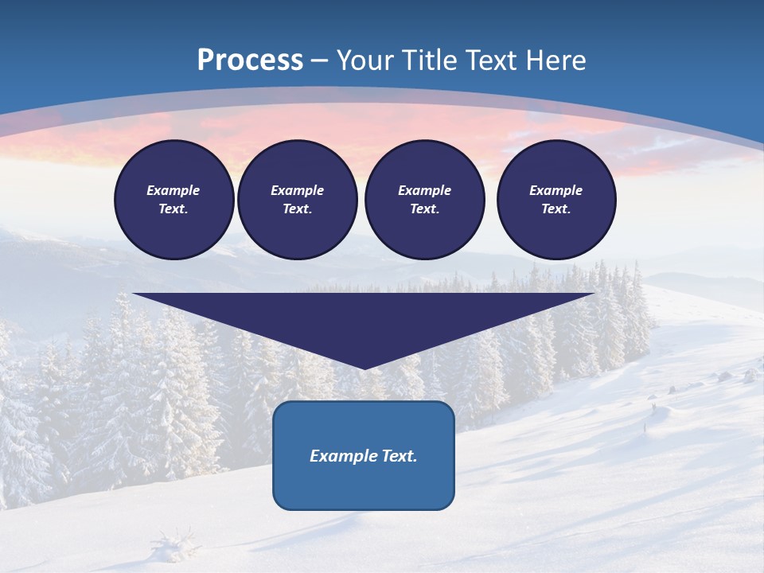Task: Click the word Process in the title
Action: (x=250, y=60)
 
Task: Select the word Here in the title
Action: (x=555, y=60)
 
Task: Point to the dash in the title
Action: (x=320, y=61)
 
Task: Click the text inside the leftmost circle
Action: (x=173, y=200)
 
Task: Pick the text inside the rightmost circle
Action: (x=555, y=200)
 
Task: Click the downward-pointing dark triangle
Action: (x=364, y=318)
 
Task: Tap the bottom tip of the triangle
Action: (x=364, y=367)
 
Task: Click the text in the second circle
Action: (x=297, y=200)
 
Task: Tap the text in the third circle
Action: (x=424, y=200)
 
